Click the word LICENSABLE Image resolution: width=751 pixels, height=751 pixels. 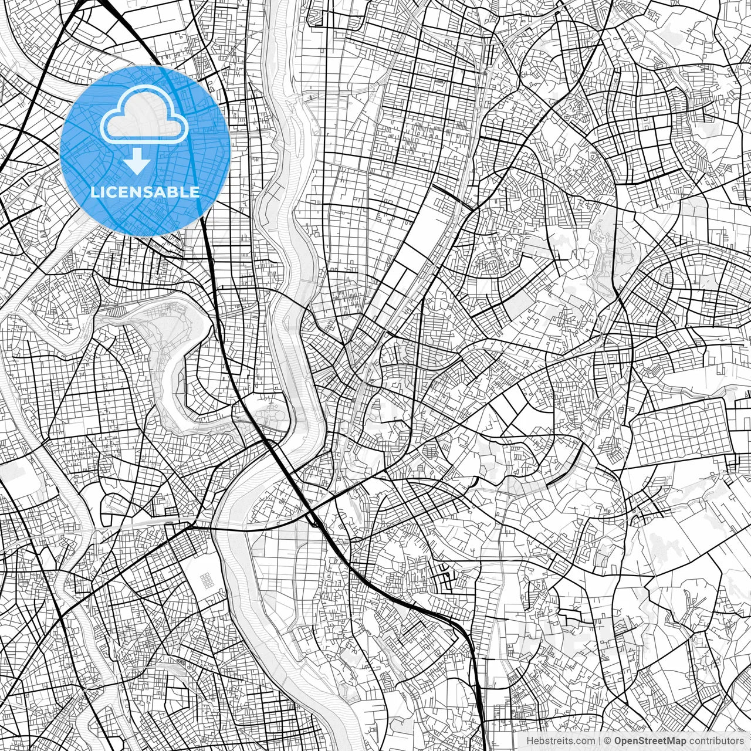145,192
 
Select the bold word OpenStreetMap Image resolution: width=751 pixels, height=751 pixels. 649,741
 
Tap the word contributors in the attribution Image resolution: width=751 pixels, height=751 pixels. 716,741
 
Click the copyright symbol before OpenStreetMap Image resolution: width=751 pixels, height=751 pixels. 608,741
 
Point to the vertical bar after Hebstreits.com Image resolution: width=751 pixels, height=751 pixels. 600,741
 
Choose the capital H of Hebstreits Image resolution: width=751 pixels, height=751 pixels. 530,741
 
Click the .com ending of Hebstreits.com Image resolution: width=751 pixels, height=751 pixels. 584,741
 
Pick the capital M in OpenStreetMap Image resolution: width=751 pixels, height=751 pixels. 671,741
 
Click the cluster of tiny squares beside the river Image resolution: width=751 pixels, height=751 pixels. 207,580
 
